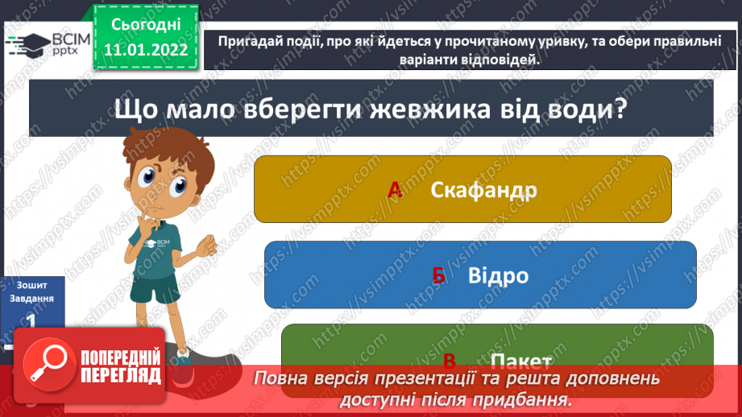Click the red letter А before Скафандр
pos(395,190)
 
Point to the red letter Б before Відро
pos(438,276)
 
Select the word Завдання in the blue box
pos(31,298)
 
